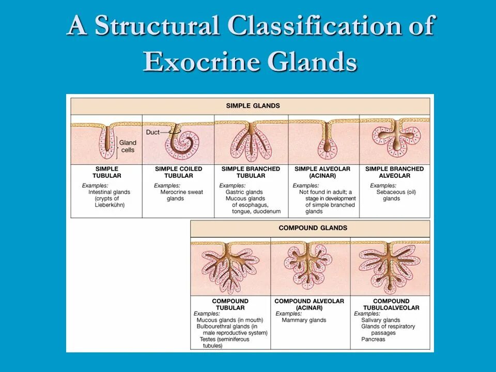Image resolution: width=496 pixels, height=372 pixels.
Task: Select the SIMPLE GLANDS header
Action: point(253,106)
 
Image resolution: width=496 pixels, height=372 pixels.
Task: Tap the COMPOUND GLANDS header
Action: point(313,228)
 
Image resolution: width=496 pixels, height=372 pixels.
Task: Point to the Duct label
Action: point(153,132)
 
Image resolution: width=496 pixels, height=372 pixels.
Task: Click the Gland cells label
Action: point(128,146)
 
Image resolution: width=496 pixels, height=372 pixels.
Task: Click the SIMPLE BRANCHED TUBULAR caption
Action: point(251,172)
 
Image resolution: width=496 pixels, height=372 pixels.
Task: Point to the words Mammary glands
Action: point(304,320)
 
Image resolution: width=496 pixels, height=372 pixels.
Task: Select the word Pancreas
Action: point(373,339)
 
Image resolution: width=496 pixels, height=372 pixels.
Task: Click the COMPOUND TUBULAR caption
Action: point(230,304)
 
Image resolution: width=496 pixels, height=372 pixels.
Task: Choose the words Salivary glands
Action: point(381,320)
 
